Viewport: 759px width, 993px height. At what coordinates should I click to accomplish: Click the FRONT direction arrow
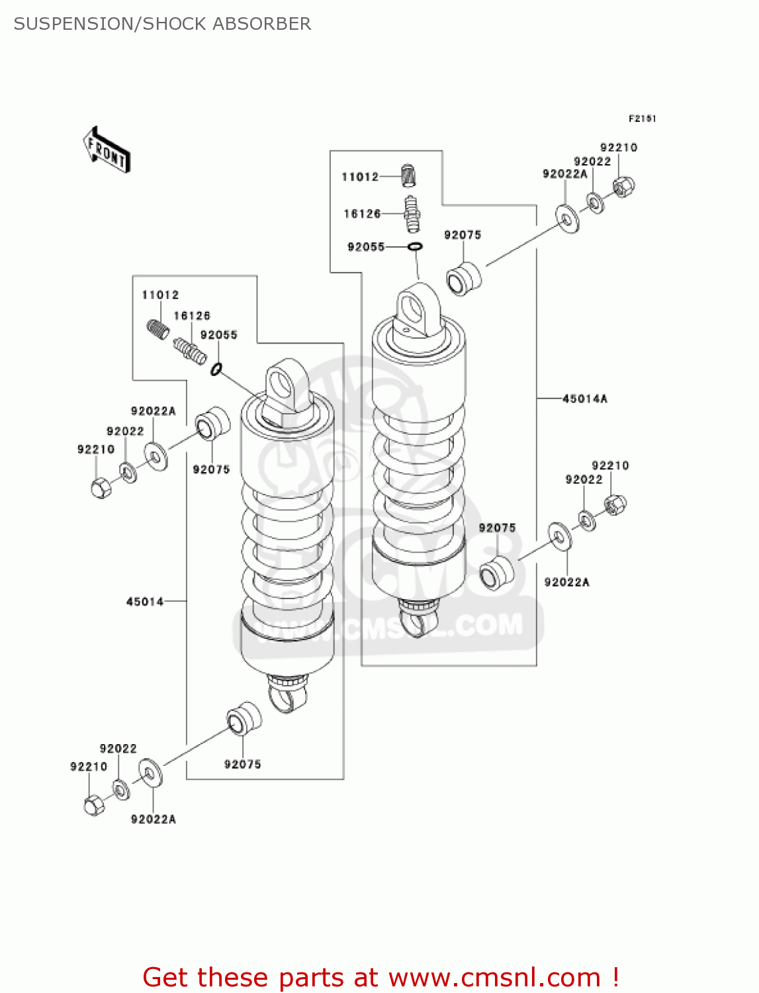(x=107, y=150)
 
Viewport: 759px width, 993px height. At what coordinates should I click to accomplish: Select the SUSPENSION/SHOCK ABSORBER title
(x=162, y=24)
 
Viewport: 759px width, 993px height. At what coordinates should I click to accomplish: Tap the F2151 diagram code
(x=641, y=118)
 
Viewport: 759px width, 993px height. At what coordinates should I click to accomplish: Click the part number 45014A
(x=584, y=399)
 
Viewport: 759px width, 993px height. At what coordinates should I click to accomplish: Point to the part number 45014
(x=145, y=601)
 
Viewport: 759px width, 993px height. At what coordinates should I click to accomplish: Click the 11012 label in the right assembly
(x=360, y=177)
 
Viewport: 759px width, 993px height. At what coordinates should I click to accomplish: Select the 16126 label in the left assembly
(x=192, y=316)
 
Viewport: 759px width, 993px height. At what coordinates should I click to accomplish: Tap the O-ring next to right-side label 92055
(x=415, y=247)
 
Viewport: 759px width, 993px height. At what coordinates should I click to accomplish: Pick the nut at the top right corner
(x=623, y=187)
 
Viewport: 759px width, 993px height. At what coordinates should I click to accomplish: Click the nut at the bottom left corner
(x=94, y=805)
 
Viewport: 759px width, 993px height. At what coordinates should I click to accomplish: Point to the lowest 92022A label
(x=153, y=819)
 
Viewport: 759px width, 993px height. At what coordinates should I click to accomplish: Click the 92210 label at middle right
(x=610, y=465)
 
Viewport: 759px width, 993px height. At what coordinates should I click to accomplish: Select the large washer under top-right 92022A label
(x=567, y=218)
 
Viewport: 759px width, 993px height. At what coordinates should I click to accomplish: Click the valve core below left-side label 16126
(x=190, y=350)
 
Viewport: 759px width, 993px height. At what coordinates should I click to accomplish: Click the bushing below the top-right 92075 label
(x=463, y=279)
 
